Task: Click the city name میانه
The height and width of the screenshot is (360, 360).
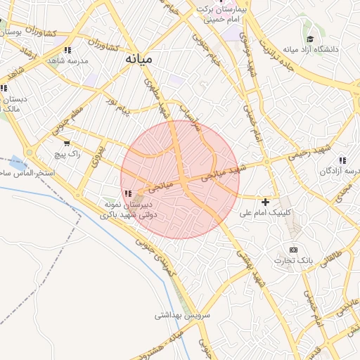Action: [138, 59]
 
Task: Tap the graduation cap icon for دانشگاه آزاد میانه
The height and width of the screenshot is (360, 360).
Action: [310, 39]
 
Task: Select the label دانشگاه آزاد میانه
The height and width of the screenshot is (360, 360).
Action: [310, 50]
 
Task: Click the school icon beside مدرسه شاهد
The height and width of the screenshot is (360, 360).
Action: [67, 51]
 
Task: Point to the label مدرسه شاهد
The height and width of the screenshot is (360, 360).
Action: [67, 61]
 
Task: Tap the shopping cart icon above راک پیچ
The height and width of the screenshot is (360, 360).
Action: [66, 143]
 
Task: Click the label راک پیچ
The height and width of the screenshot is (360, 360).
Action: [68, 153]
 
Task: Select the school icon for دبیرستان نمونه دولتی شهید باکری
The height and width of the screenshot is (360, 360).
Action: [127, 193]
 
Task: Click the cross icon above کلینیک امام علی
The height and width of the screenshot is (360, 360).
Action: [265, 202]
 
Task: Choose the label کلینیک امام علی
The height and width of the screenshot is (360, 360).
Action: [265, 212]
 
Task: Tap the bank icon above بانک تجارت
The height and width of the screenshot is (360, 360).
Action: [293, 250]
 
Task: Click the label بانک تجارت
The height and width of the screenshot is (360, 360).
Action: [295, 260]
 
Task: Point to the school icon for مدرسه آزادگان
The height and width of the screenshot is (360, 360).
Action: [342, 160]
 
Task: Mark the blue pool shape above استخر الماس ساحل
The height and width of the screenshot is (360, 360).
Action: [19, 163]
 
